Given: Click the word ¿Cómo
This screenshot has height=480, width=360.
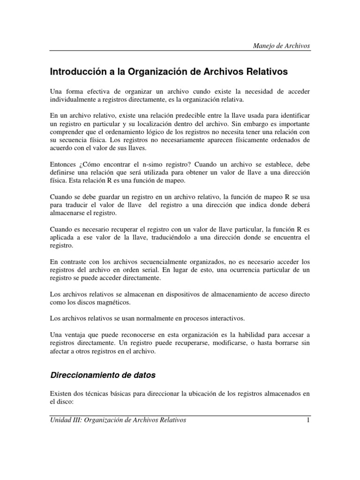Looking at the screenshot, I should click(94, 165).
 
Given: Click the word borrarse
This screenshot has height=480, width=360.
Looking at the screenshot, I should click(286, 344).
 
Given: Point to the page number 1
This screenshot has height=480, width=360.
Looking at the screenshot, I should click(307, 420).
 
